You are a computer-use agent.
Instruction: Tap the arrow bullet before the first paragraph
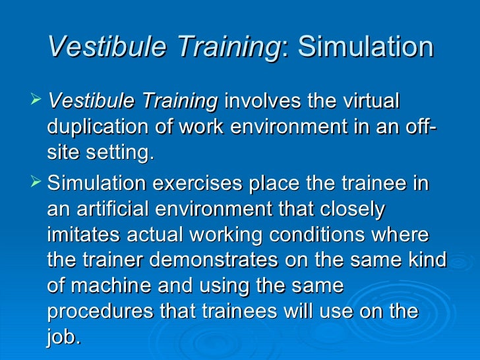pos(36,101)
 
